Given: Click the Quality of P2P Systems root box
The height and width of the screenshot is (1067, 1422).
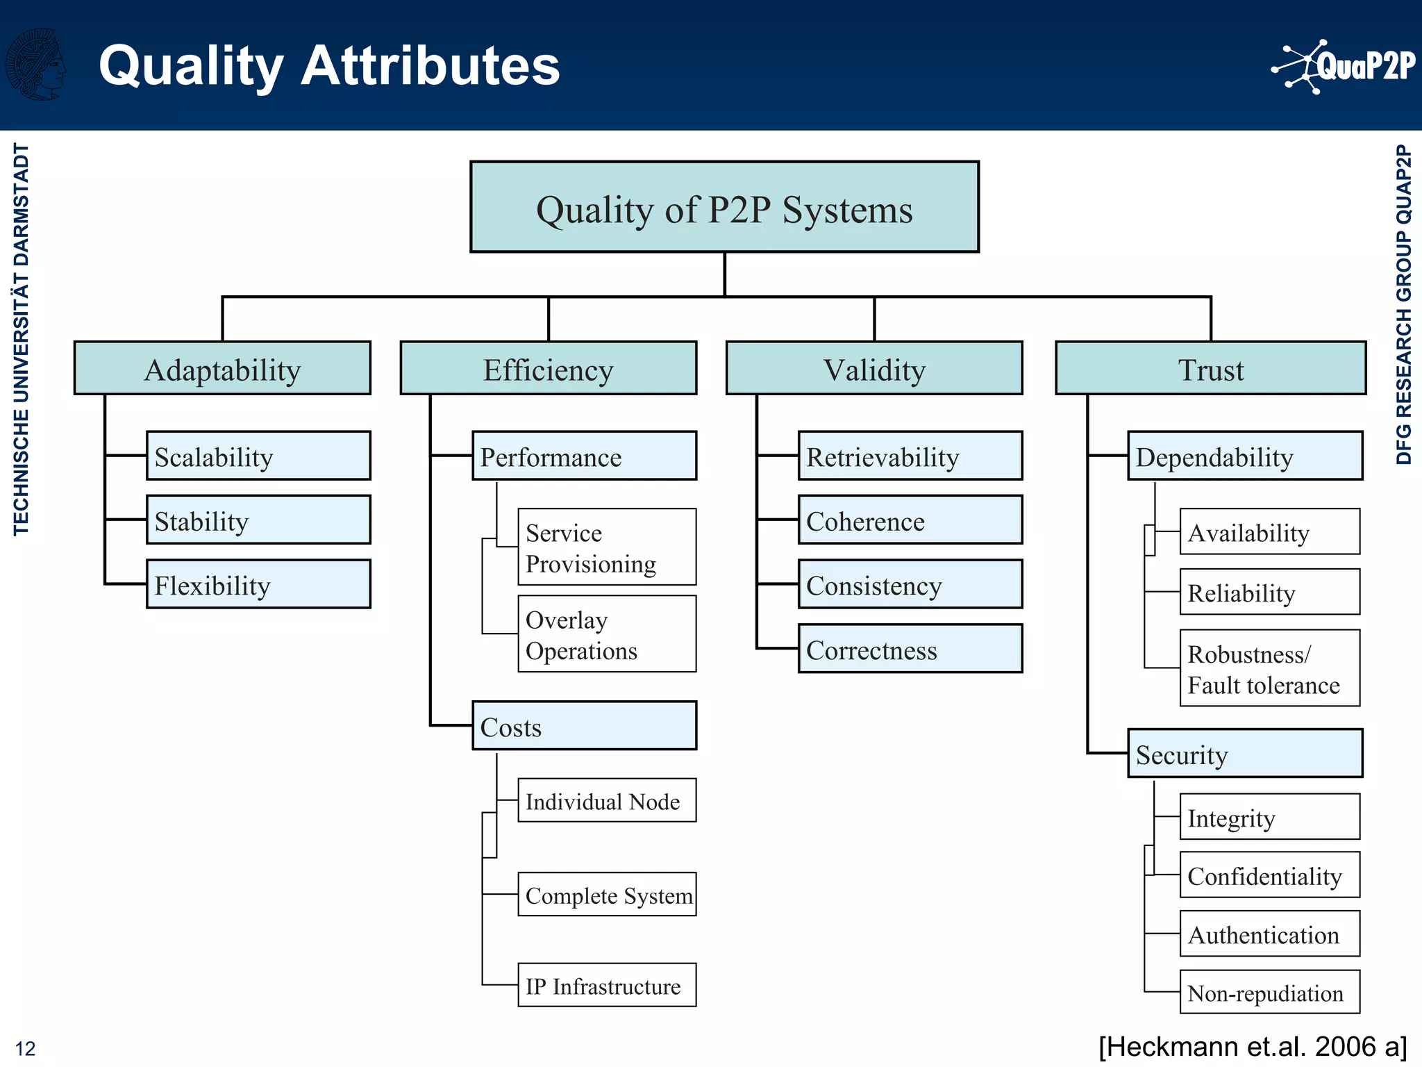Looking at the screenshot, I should point(724,207).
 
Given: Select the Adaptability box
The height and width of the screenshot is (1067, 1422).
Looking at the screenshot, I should point(222,368).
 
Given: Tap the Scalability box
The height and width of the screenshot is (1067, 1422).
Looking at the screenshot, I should point(258,456).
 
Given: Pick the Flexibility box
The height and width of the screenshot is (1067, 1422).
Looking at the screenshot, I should point(258,584).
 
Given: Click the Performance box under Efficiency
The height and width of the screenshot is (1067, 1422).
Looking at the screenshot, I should point(584,456).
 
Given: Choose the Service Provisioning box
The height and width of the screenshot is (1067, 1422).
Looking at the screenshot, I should point(607,547).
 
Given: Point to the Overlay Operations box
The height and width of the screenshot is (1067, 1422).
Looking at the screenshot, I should point(607,634).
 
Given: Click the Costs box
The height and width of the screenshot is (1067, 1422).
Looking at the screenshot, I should point(584,726).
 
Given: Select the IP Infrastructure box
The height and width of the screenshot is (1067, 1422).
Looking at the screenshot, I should point(607,985).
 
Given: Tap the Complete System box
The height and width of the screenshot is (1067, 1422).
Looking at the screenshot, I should point(607,895).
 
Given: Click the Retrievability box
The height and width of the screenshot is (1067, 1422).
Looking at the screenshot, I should point(910,456).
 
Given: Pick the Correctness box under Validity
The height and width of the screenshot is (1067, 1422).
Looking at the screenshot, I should point(910,649).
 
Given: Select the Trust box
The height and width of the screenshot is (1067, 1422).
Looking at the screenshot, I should point(1210,368).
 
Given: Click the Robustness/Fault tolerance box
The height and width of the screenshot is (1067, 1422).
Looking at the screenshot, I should point(1269,668).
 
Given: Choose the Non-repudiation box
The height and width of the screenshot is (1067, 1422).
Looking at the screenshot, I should point(1269,992).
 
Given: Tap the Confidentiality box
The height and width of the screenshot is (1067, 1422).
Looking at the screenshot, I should point(1269,875).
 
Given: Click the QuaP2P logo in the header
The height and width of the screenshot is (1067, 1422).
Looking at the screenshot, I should point(1344,67).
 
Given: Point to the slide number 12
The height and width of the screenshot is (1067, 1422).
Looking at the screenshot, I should point(25,1048).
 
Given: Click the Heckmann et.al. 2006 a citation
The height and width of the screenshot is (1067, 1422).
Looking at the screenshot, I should point(1253,1046).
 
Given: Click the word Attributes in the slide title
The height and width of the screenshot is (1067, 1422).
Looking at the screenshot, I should point(430,65).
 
